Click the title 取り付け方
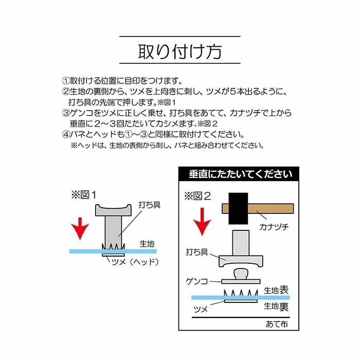180,51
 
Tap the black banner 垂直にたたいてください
239,174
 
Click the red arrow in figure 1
80,228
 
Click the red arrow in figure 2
202,222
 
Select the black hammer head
238,208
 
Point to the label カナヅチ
274,227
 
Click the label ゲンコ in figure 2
197,281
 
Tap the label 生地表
276,290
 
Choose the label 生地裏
276,306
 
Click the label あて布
277,324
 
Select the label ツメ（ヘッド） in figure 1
135,262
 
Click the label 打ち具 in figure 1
149,205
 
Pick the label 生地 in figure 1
147,244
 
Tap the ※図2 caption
197,196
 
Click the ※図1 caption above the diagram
83,195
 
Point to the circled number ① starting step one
66,81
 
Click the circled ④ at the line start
66,134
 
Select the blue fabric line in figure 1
113,251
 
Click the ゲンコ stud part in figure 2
241,277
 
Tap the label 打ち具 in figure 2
197,252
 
